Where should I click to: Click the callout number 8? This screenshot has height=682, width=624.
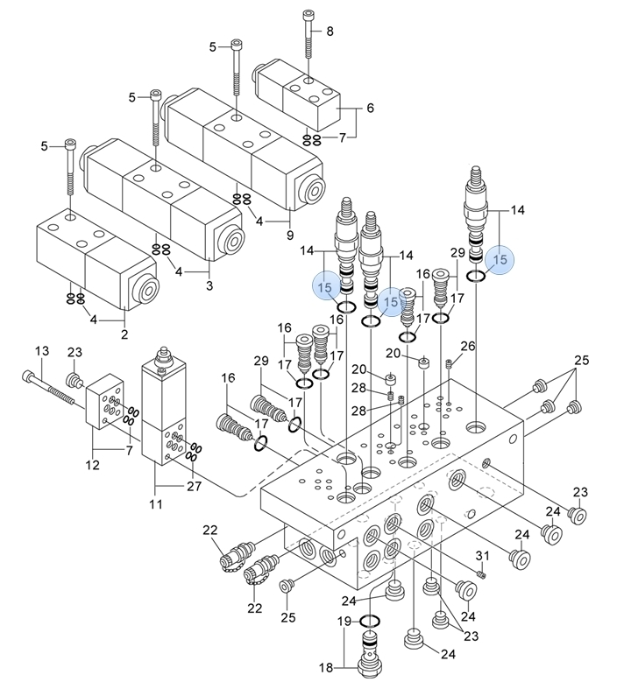(x=330, y=32)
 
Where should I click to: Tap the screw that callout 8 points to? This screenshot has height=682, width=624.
(x=308, y=34)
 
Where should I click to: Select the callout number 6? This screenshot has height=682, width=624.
(x=370, y=108)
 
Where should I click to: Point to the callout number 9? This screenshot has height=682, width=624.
(x=290, y=236)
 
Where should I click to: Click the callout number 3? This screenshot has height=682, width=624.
(x=209, y=285)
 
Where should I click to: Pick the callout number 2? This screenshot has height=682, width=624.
(x=124, y=334)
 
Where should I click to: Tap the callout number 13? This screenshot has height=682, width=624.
(x=42, y=351)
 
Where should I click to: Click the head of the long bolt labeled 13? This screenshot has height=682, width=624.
(x=27, y=376)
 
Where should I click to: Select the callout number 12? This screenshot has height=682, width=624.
(x=92, y=465)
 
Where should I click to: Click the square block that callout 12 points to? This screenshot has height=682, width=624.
(x=104, y=402)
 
